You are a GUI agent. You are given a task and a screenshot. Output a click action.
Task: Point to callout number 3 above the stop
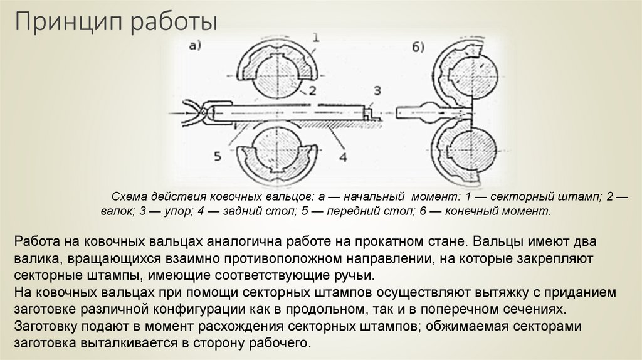tap(377, 89)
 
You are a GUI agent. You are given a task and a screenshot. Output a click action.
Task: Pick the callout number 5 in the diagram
tap(217, 156)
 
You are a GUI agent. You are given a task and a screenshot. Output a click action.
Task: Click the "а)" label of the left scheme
tap(194, 45)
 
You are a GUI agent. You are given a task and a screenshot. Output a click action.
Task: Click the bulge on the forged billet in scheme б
tap(431, 113)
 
